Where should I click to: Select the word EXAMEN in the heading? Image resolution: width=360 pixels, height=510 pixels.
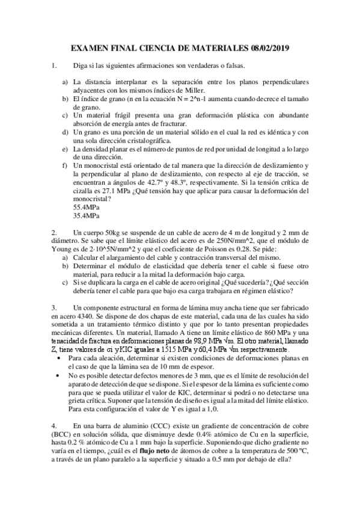coord(90,48)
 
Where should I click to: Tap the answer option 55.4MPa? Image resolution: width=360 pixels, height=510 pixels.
coord(86,206)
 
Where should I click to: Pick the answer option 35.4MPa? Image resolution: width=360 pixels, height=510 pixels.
coord(86,214)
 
